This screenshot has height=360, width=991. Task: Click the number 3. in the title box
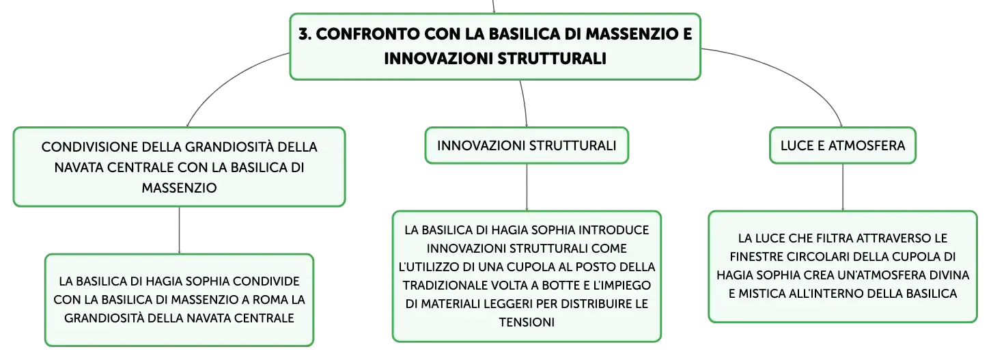coord(305,33)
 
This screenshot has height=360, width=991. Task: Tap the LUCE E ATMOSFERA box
coord(843,146)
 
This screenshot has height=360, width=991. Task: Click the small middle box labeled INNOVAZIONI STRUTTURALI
coord(527,146)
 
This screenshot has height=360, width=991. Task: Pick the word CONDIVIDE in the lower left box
coord(266,281)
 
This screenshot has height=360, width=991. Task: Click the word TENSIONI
coord(527,322)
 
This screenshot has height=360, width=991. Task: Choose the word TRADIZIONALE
coord(444,286)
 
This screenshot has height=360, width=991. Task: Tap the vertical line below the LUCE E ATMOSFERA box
coord(843,187)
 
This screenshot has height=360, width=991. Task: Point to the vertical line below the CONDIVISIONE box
coord(179,230)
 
